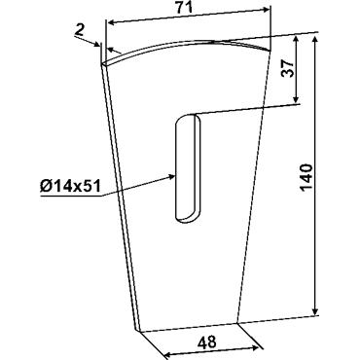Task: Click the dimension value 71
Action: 184,9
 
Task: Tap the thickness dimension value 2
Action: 80,30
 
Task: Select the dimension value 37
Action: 288,68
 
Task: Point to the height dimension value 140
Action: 306,178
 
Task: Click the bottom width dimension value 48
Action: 206,342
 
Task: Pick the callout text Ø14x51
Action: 69,187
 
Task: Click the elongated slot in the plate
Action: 188,168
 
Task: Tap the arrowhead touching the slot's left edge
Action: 171,176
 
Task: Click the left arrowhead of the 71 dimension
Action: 112,22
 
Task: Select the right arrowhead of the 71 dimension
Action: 265,10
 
